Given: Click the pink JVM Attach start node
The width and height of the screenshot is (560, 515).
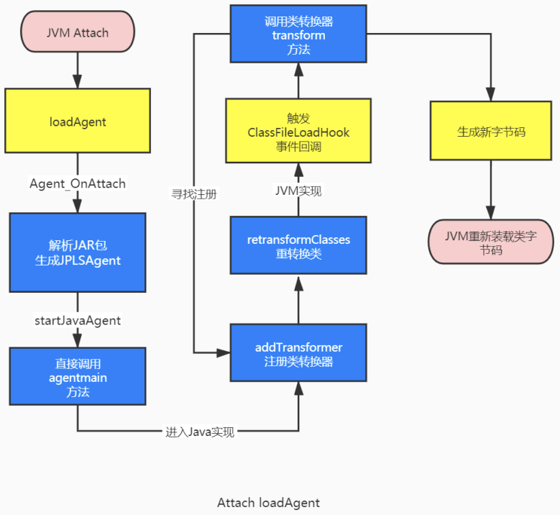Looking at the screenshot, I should point(78,32).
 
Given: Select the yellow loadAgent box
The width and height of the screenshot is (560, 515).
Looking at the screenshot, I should point(78,122).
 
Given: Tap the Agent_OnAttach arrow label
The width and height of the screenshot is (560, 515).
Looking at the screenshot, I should point(78,183).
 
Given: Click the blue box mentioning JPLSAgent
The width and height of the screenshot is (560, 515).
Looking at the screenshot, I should point(78,252).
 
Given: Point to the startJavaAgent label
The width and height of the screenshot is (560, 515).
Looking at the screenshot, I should point(78,319).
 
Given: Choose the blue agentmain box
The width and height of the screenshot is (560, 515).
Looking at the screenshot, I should point(78,376).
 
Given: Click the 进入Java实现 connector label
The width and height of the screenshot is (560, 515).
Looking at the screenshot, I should point(200,432).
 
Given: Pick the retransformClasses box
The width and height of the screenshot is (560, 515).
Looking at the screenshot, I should point(298,246).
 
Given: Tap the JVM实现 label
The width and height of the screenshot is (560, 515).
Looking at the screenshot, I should point(298,191).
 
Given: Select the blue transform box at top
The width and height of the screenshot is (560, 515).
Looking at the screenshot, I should point(298,35).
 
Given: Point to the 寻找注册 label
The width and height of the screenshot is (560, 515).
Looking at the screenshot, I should point(194,193).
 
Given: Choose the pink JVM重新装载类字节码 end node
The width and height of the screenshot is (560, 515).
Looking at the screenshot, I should point(491,242).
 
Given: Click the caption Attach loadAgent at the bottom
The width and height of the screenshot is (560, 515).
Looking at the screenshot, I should point(268,502).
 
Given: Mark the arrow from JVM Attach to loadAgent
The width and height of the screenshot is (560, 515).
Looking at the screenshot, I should point(78,72).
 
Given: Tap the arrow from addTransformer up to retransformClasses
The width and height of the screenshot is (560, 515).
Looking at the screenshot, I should point(298,298).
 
